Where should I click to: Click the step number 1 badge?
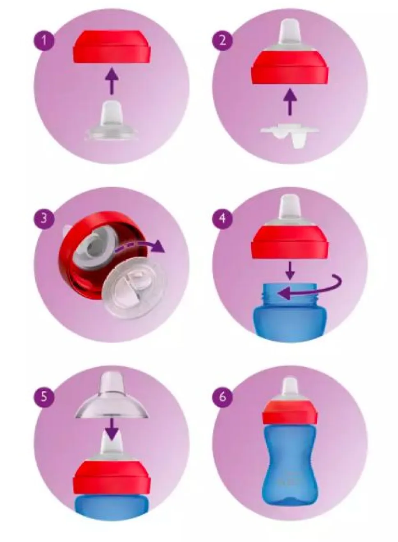[43, 40]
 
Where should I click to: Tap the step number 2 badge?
[222, 40]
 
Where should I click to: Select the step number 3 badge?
[43, 218]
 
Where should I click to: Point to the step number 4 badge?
[222, 218]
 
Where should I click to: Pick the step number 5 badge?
[43, 397]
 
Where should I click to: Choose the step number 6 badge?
[222, 397]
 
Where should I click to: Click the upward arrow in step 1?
[112, 81]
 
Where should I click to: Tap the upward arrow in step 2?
[290, 102]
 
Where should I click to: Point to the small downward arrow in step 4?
[290, 270]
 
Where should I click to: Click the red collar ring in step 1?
[112, 47]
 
